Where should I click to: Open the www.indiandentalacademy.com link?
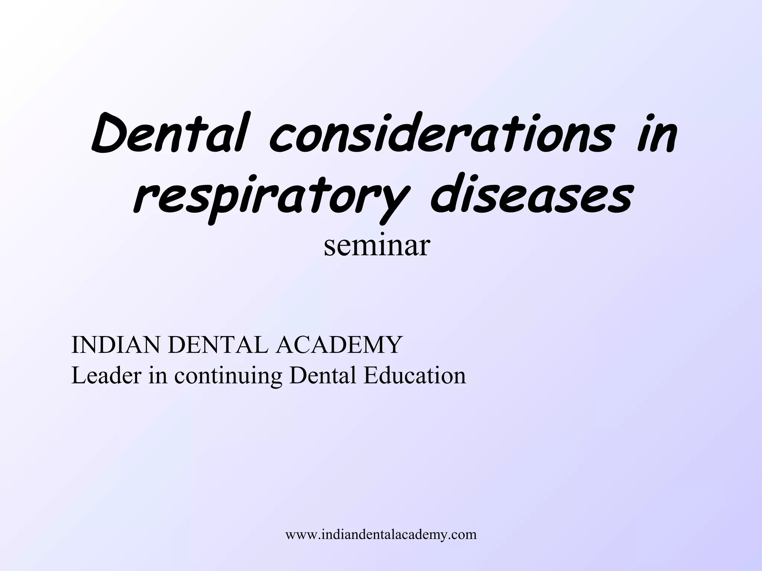tap(381, 535)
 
